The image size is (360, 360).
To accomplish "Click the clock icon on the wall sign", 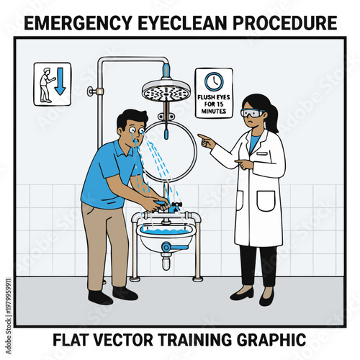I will pyautogui.click(x=214, y=81).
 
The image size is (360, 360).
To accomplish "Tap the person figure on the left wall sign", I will pyautogui.click(x=45, y=84).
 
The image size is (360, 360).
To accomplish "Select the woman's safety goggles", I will pyautogui.click(x=250, y=113).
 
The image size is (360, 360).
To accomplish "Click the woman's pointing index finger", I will pyautogui.click(x=201, y=136).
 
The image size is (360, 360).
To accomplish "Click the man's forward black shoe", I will pyautogui.click(x=125, y=293).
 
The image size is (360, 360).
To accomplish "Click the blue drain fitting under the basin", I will pyautogui.click(x=167, y=248).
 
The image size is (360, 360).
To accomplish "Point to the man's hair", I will pyautogui.click(x=131, y=118).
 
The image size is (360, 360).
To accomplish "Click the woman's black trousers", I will pyautogui.click(x=258, y=263).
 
